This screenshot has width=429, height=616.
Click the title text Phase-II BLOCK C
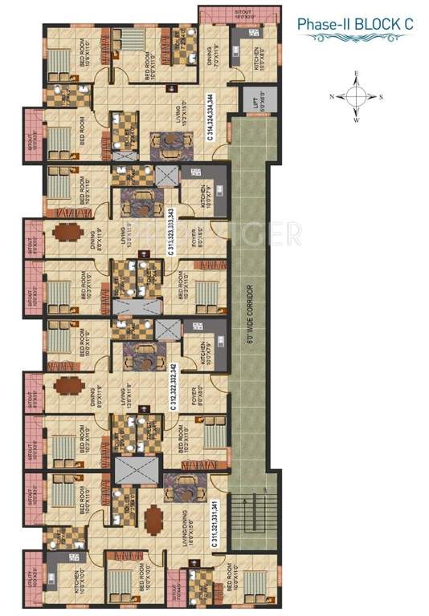coord(355,25)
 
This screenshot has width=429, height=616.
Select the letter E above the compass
coord(356,74)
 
